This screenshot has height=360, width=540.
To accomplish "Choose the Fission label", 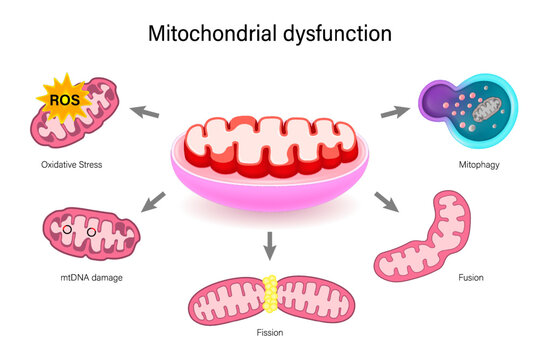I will tap(269, 332).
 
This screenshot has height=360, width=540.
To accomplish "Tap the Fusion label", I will tap(469, 277).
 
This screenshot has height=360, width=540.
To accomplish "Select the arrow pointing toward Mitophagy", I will tap(394, 110).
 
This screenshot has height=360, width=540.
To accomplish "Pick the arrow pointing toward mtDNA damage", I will tap(153, 202).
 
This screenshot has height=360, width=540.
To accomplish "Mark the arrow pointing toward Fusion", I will tap(384, 200).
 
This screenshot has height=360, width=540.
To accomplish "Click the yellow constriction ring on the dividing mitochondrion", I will tap(268, 292).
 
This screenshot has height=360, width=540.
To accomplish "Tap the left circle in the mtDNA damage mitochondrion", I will tap(66, 232).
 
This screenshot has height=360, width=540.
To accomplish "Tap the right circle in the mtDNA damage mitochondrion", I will tap(91, 233).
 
